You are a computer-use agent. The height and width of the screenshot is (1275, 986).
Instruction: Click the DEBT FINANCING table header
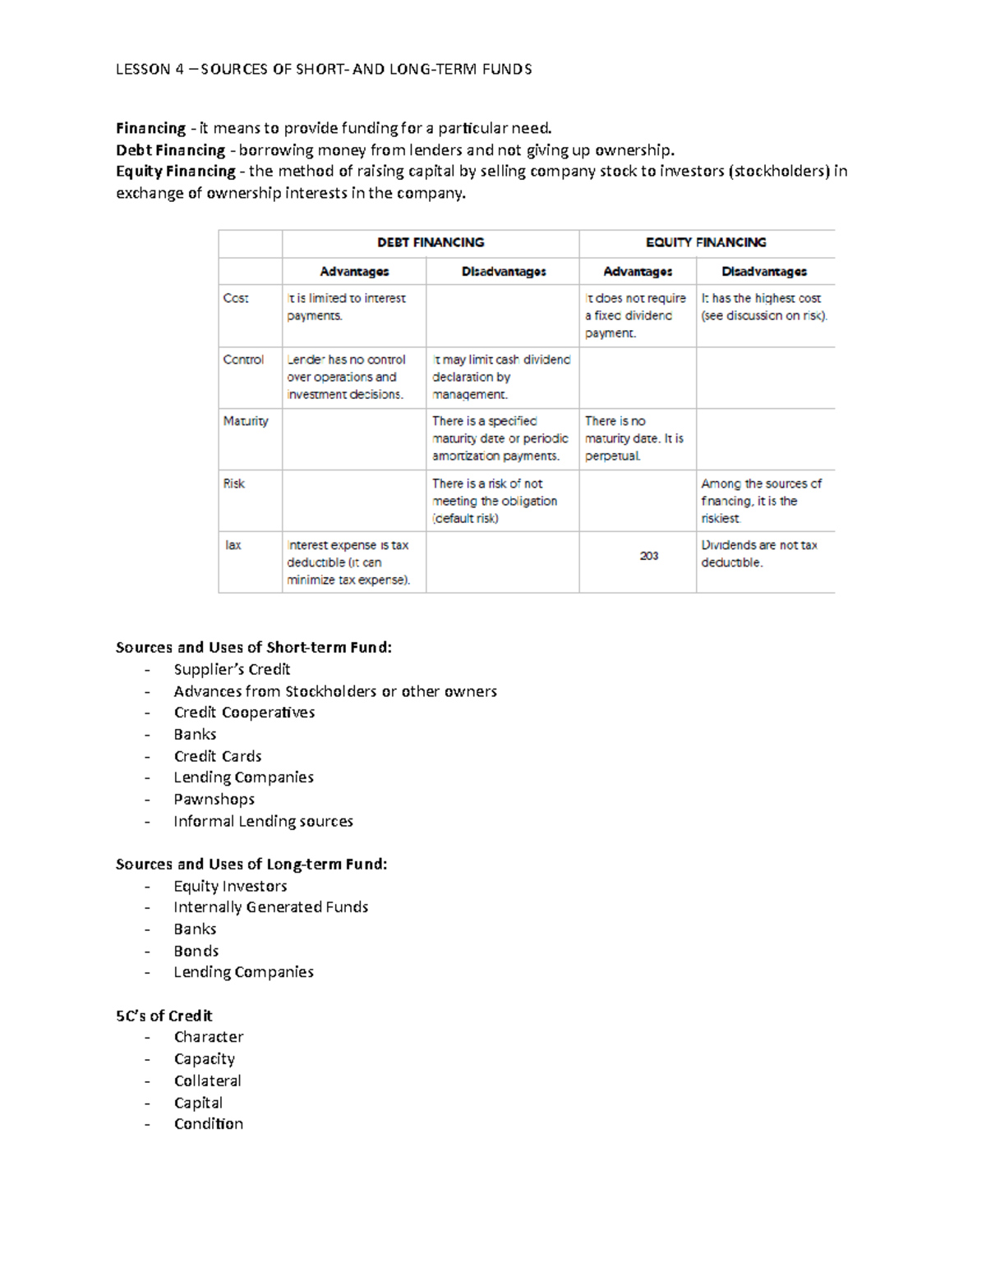431,242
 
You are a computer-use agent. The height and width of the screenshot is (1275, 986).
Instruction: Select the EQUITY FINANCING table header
706,242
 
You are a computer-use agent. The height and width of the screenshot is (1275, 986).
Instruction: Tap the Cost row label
236,298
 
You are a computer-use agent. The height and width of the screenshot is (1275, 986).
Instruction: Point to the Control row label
243,360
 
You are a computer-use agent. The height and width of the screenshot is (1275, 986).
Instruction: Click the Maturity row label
246,421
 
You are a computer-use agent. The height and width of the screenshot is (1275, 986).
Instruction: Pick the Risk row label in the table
234,484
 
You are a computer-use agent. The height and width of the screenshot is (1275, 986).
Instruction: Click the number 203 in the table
649,556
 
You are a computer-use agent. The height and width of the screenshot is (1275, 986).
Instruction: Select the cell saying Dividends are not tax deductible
758,554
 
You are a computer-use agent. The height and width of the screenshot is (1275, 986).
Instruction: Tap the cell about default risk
495,501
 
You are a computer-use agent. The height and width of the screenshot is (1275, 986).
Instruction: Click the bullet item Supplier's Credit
232,669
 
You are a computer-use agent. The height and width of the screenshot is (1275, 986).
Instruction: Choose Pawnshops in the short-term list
214,799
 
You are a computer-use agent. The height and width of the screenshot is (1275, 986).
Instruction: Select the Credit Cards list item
218,756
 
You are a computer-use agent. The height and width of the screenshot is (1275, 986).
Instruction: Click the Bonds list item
196,951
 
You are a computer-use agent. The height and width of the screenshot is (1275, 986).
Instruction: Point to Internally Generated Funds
270,907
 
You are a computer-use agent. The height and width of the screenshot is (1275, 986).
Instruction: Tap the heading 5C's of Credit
164,1016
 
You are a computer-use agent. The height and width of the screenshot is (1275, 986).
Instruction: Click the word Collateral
207,1080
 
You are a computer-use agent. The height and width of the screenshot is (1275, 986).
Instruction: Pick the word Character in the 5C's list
209,1037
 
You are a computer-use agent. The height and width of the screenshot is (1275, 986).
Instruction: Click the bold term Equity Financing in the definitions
176,171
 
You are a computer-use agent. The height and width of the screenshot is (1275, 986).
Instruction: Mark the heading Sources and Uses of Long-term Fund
251,864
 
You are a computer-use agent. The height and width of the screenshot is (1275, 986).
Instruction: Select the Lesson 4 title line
324,69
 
